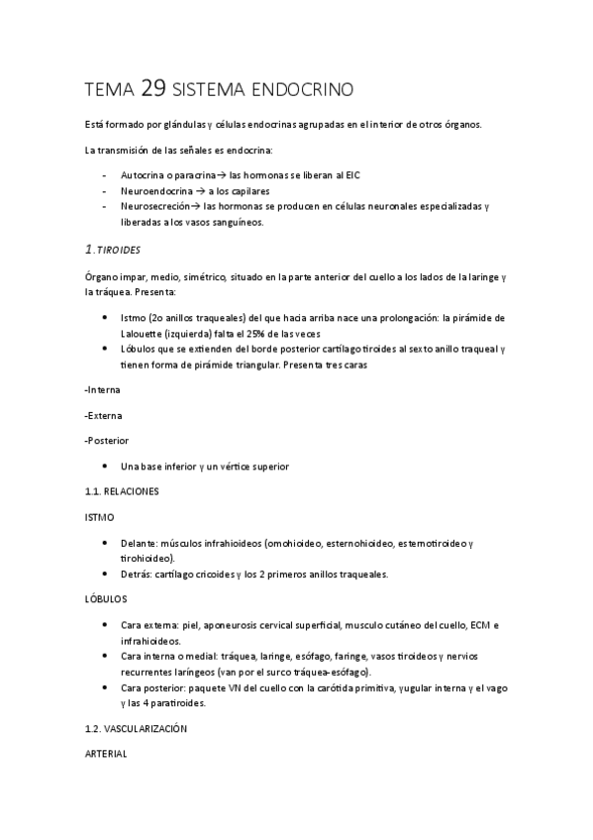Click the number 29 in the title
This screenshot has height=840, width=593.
click(153, 89)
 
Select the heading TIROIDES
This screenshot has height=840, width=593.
click(118, 251)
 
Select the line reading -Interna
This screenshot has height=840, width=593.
click(103, 390)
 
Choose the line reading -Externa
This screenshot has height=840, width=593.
click(104, 415)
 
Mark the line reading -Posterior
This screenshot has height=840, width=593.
click(107, 440)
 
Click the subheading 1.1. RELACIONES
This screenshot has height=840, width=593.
click(122, 490)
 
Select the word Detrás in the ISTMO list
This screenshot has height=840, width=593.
click(137, 574)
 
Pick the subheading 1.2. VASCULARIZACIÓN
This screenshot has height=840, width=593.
click(137, 729)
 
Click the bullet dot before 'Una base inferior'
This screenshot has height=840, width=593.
click(106, 466)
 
